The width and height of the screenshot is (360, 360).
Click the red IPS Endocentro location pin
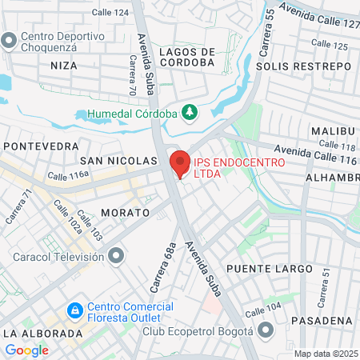180,162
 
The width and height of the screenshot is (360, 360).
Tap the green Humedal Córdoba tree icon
190,113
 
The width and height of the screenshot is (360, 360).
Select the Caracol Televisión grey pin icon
118,256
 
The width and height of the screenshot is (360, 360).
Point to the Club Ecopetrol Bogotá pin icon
266,330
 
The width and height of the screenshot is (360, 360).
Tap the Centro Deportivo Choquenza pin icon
10,40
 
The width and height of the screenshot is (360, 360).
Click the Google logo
26,350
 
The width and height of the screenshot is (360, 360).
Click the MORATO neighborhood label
126,213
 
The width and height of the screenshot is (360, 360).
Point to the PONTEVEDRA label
42,146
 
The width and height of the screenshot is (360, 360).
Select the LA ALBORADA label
42,333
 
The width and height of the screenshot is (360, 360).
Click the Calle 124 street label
110,13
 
